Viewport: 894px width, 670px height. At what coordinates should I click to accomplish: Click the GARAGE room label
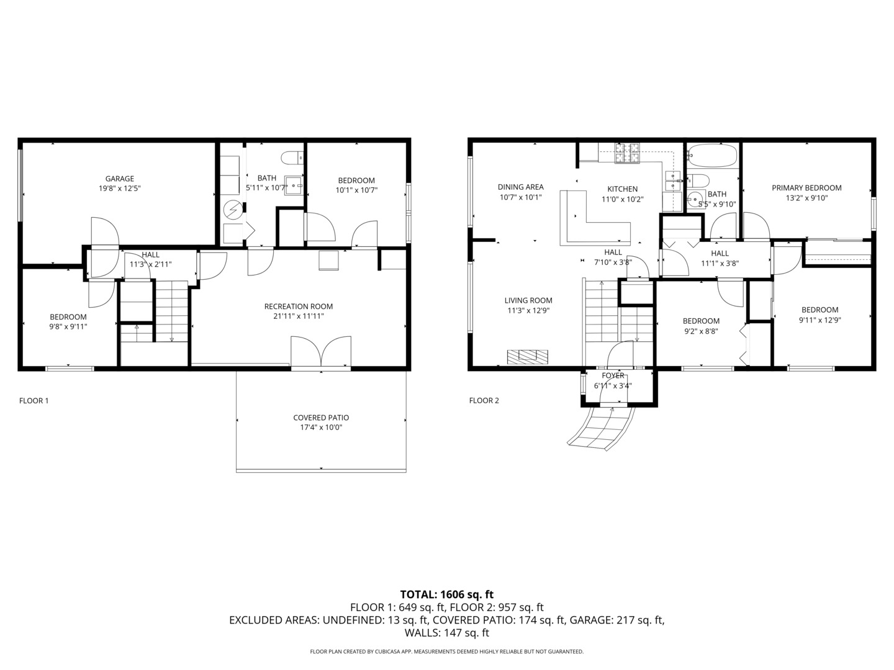[x=119, y=179]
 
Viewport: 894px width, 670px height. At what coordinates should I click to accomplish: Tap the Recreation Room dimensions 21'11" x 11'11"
[x=299, y=316]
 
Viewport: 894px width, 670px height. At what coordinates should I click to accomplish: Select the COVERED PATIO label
[x=321, y=418]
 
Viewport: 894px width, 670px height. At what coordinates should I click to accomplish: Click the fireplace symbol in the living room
[x=528, y=356]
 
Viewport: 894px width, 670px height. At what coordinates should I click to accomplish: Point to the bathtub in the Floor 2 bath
[x=713, y=156]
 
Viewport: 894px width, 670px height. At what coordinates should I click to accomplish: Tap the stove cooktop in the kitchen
[x=627, y=153]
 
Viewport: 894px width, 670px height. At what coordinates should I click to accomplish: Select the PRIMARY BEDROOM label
[x=806, y=188]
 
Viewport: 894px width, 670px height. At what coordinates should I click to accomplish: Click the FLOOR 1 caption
[x=34, y=401]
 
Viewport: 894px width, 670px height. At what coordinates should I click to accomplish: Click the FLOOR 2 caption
[x=484, y=401]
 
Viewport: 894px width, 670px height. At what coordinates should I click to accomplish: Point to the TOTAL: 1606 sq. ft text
[x=446, y=594]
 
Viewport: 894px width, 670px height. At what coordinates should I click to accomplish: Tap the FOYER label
[x=613, y=375]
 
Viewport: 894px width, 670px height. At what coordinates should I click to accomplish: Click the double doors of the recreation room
[x=320, y=354]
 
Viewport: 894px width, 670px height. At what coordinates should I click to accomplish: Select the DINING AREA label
[x=520, y=187]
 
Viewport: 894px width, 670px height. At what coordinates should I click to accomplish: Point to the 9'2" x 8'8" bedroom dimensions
[x=701, y=331]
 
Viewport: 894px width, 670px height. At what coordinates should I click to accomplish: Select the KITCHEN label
[x=622, y=189]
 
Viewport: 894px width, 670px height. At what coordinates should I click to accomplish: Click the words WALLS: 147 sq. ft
[x=446, y=633]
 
